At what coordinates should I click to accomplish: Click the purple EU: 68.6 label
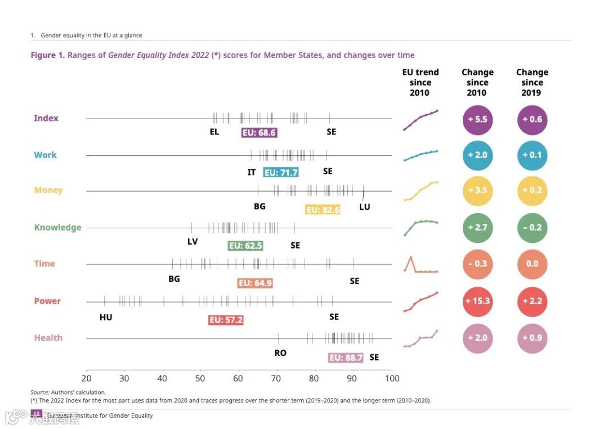pos(259,133)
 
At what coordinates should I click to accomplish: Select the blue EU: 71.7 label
pos(281,173)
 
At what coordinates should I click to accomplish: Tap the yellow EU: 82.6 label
pos(323,210)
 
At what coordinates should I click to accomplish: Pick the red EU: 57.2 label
pos(226,320)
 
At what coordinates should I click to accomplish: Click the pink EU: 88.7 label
pos(346,358)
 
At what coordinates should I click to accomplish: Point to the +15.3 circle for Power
pos(477,301)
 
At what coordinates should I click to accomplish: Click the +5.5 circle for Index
pos(477,119)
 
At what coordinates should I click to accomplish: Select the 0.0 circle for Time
pos(532,264)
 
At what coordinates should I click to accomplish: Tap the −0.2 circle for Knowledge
pos(532,228)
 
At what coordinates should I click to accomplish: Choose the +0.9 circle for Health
pos(532,337)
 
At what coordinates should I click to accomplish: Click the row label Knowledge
pos(57,228)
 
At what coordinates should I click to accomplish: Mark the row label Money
pos(48,190)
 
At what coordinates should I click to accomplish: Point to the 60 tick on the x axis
pos(238,378)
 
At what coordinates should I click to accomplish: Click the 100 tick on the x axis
pos(391,378)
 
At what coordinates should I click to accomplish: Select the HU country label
pos(106,317)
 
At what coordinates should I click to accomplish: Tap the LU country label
pos(365,206)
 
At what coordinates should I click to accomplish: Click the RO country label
pos(280,353)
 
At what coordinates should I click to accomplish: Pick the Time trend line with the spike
pos(420,265)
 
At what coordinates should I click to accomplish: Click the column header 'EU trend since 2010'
pos(420,83)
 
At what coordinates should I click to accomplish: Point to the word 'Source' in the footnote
pos(39,392)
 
